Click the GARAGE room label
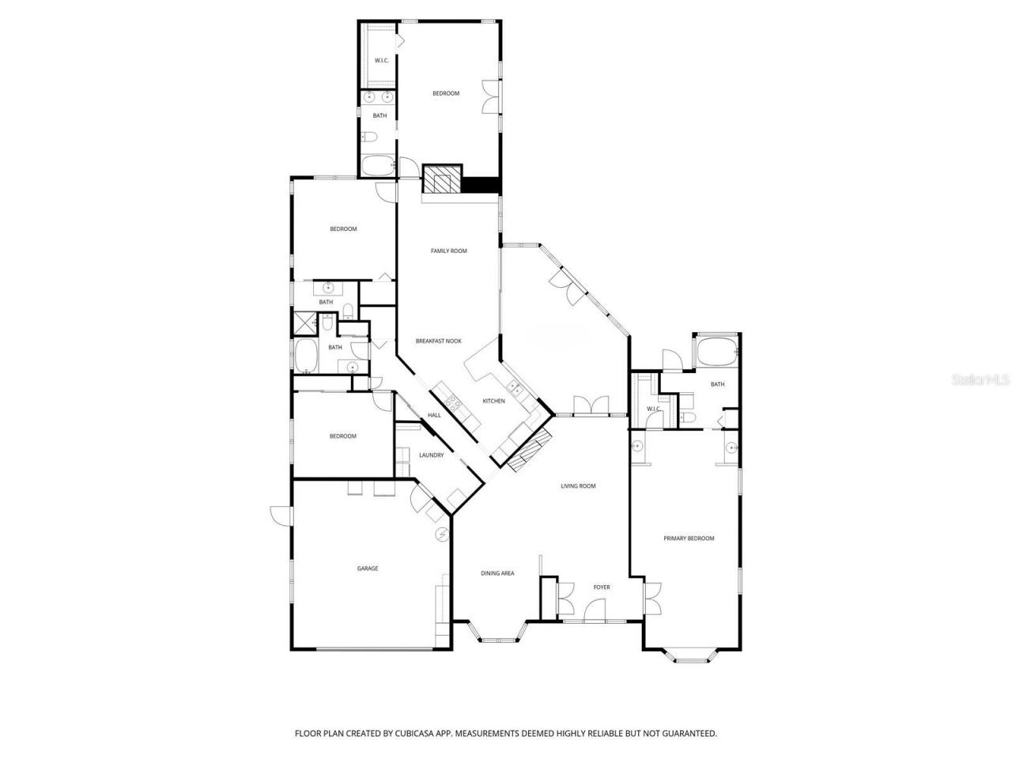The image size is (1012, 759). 367,568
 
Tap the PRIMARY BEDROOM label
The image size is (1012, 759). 688,538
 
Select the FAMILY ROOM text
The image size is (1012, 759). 448,251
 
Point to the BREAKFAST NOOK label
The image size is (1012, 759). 439,341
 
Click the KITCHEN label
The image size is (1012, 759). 493,402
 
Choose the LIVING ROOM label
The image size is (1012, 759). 578,486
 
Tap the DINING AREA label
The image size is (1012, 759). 497,573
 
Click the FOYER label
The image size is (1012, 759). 602,587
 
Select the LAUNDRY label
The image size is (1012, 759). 431,455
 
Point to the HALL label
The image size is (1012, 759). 434,415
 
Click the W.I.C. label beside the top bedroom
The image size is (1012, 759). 379,61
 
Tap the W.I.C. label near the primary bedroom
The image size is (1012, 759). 654,409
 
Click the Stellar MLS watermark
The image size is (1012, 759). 980,379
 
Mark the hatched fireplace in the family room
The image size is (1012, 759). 440,179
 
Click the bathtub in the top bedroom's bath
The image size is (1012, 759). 379,166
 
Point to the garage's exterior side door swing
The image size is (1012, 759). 279,514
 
